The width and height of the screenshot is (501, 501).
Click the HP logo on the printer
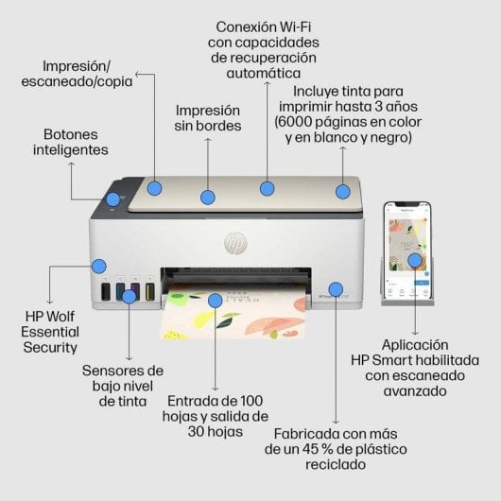click(x=233, y=243)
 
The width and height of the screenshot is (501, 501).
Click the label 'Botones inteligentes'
click(x=70, y=142)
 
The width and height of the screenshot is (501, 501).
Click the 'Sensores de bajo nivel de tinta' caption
click(x=122, y=386)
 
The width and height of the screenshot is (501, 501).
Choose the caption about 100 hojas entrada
click(x=216, y=415)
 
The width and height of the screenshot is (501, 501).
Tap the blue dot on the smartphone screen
click(x=414, y=259)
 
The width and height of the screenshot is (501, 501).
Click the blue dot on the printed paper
click(x=216, y=301)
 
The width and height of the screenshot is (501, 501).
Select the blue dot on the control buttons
click(x=113, y=199)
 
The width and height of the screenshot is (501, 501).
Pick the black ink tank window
click(x=106, y=292)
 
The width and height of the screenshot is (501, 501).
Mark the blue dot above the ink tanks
click(x=98, y=268)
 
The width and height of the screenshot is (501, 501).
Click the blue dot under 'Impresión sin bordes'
click(x=208, y=198)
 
